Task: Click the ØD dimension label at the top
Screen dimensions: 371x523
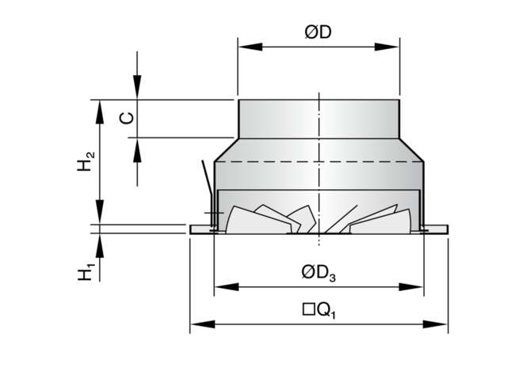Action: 319,33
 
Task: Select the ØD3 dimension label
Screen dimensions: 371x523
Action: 319,272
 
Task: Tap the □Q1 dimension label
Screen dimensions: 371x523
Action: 319,310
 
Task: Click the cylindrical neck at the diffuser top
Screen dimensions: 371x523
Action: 319,119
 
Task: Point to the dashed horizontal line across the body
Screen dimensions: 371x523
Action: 319,161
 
